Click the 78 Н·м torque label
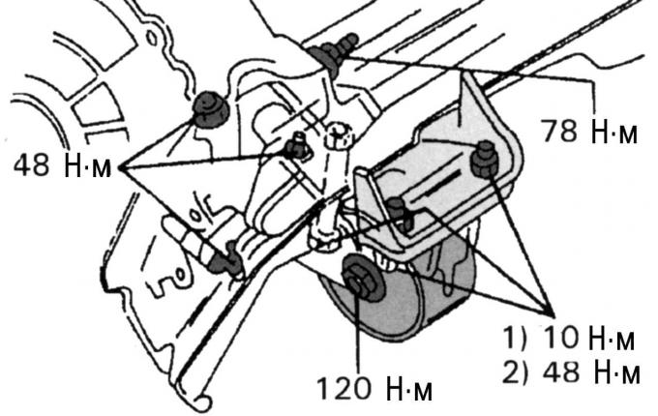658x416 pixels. point(588,131)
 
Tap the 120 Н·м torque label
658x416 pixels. point(374,388)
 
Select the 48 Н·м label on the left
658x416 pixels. point(63,164)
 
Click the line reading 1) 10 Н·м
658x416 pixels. point(569,338)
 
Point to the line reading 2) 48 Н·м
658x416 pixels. point(571,371)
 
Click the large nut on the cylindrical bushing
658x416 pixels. point(362,278)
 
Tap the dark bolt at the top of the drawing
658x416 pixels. point(334,53)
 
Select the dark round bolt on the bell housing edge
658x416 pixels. point(211,109)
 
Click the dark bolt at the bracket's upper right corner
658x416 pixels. point(485,160)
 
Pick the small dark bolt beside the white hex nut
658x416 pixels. point(297,148)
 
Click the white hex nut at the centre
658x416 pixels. point(338,134)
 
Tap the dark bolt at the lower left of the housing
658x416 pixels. point(226,260)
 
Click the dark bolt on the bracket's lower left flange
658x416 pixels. point(399,214)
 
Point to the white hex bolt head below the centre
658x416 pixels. point(324,235)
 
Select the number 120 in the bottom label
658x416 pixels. point(344,388)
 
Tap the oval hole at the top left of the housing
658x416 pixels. point(152,39)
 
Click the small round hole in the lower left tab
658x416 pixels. point(180,276)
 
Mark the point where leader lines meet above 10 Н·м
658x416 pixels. point(551,314)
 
